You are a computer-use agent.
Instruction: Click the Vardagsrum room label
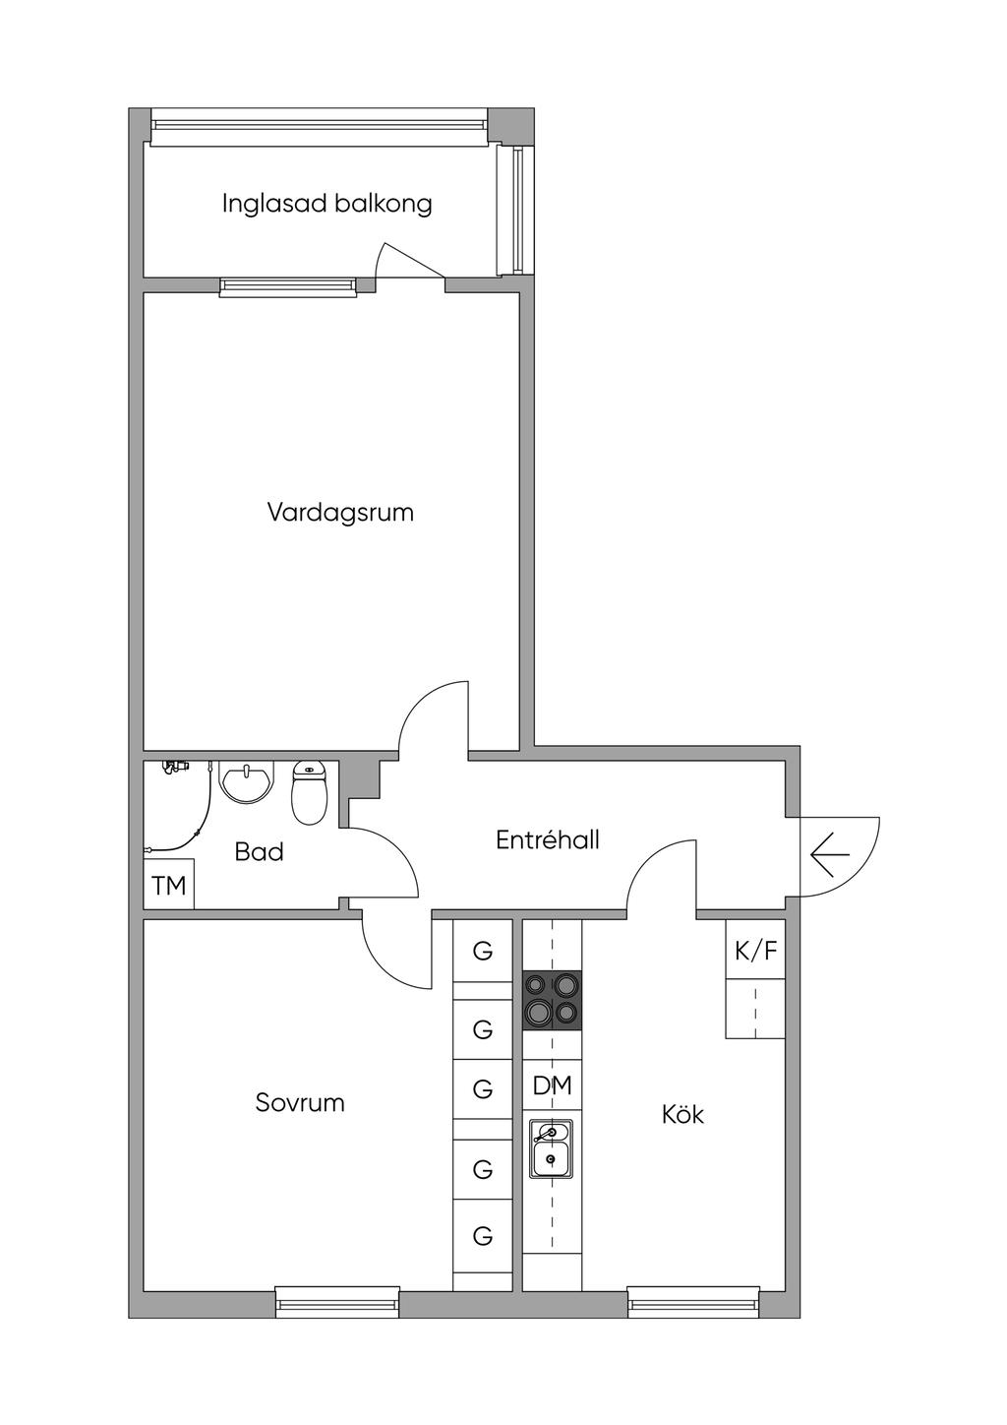[x=340, y=513]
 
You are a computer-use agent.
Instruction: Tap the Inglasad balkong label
[x=326, y=204]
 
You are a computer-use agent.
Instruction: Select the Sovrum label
[x=300, y=1102]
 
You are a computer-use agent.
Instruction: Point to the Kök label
[x=682, y=1114]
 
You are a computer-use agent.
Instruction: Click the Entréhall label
[x=547, y=839]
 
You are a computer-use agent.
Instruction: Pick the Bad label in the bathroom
[x=259, y=851]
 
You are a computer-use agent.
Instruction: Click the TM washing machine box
[x=169, y=886]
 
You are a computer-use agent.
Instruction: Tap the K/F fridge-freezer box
[x=755, y=951]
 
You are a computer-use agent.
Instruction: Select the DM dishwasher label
[x=552, y=1085]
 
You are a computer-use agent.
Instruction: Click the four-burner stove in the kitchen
[x=552, y=1000]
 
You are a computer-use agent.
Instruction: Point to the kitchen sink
[x=552, y=1149]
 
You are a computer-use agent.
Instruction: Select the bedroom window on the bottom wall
[x=337, y=1302]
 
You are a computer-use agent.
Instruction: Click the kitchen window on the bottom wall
[x=693, y=1302]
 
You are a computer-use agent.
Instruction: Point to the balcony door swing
[x=403, y=264]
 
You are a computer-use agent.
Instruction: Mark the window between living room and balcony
[x=287, y=286]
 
